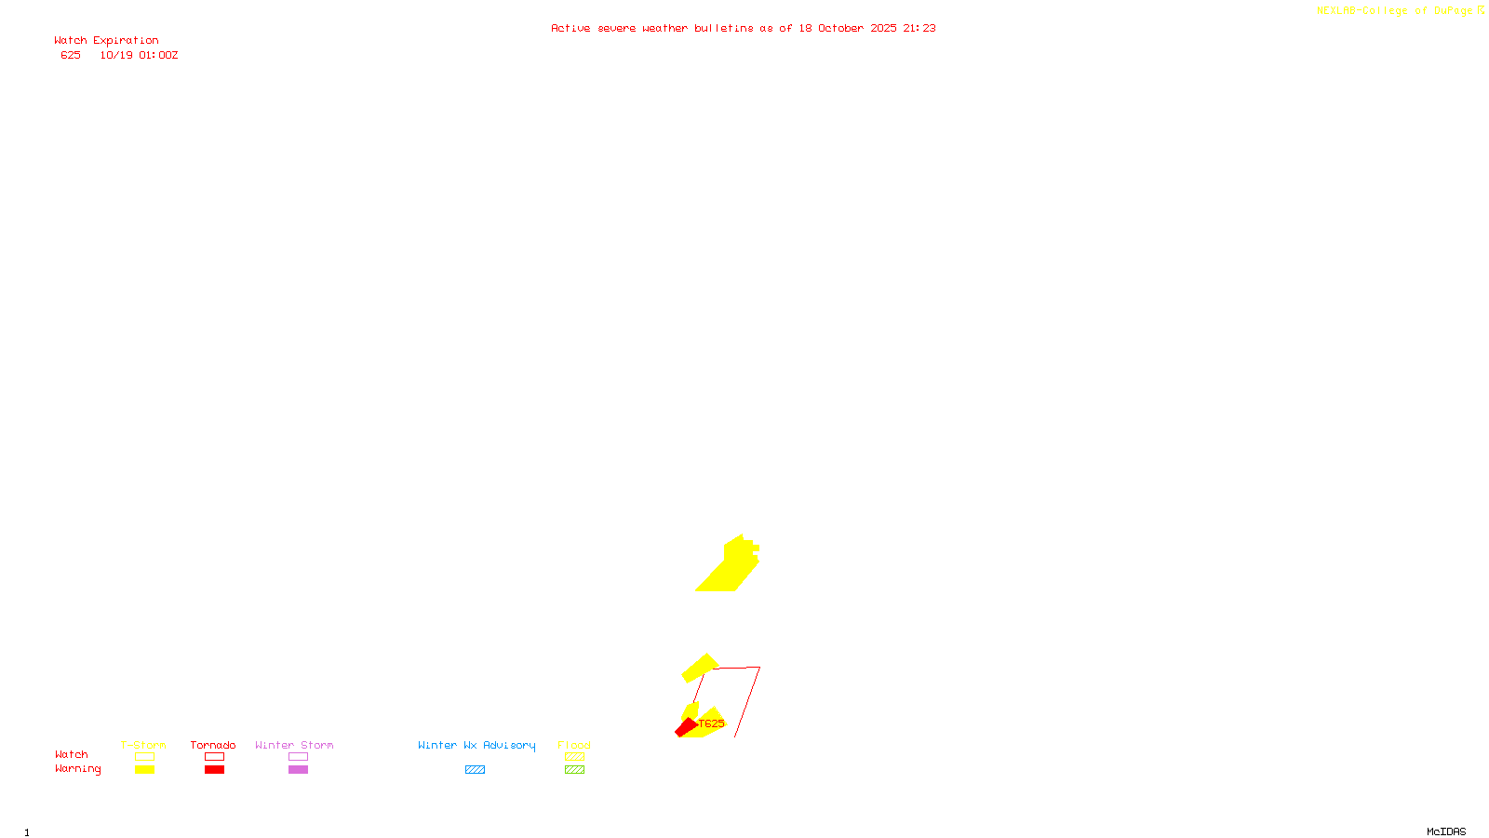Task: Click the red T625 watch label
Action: pos(711,723)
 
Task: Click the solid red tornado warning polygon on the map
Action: pos(686,727)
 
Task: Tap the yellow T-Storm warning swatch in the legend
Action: pos(144,770)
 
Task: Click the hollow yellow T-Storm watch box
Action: pos(144,757)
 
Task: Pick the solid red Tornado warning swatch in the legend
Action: pos(214,770)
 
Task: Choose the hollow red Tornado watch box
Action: pos(214,757)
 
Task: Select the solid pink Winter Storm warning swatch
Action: pos(298,770)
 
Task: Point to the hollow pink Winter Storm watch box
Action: pos(298,757)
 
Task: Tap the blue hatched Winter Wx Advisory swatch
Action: pos(475,770)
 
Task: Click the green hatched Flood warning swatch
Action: pos(574,770)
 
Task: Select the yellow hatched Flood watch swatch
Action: pos(574,757)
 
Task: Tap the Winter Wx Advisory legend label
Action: pos(476,745)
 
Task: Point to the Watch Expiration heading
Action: pos(106,41)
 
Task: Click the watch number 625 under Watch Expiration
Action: pos(71,56)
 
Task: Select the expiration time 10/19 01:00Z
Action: pos(139,56)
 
